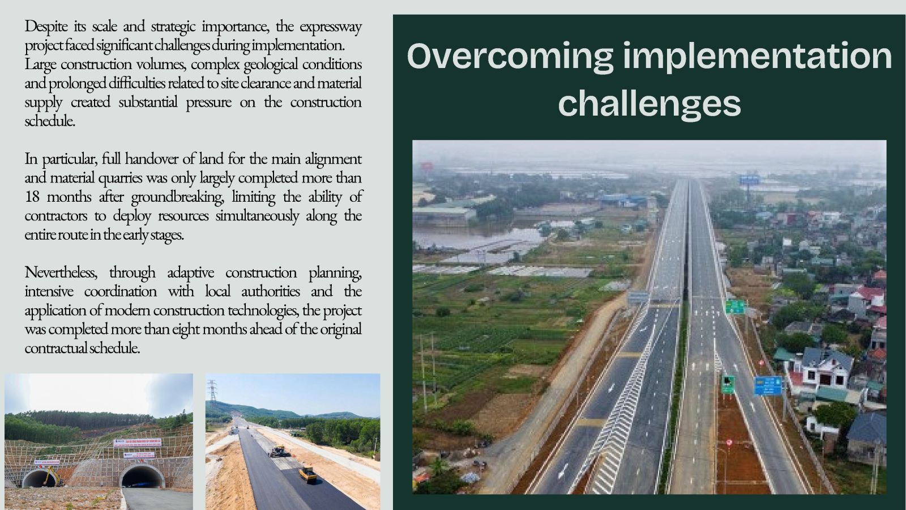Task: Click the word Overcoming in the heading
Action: point(510,57)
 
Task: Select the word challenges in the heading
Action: point(649,103)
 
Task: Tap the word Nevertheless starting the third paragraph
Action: point(61,272)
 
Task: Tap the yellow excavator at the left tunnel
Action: point(53,476)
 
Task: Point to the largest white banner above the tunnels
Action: point(137,442)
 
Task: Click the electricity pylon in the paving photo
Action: point(212,397)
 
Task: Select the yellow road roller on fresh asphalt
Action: point(308,474)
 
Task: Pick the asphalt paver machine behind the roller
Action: point(280,451)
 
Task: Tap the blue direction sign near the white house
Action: point(768,386)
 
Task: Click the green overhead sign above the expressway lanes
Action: point(735,307)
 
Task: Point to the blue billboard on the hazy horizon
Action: point(749,180)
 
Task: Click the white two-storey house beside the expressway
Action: point(822,368)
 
